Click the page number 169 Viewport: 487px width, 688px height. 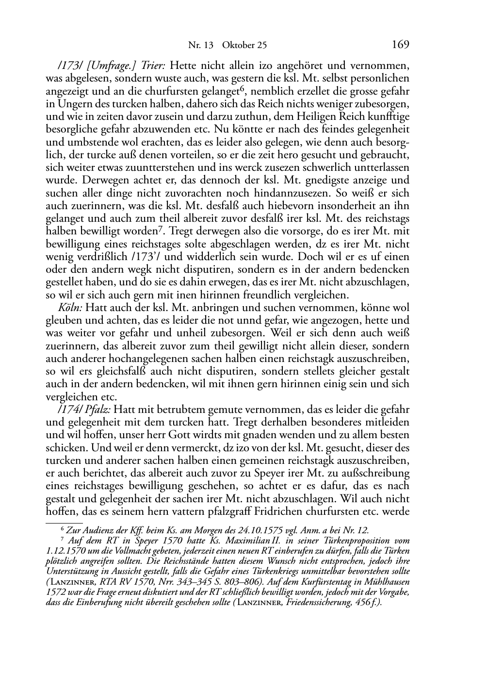[400, 45]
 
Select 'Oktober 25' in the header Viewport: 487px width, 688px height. [244, 46]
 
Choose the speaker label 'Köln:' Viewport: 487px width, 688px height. [69, 308]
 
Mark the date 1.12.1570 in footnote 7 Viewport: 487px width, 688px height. [65, 551]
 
